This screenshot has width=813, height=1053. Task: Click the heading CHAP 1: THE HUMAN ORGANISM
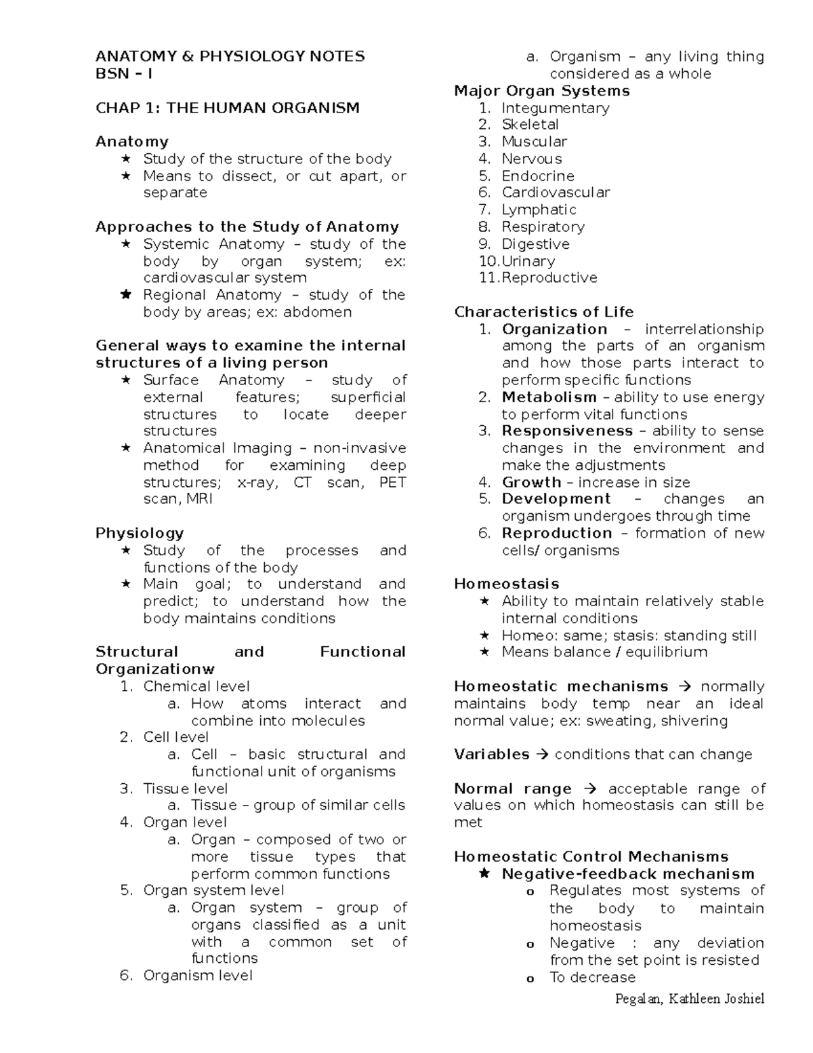(227, 108)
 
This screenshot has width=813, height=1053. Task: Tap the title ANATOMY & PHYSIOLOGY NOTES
(230, 56)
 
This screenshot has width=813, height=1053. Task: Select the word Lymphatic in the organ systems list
(539, 210)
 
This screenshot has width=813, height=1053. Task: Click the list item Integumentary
(555, 108)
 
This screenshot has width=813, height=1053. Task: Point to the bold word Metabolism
(549, 397)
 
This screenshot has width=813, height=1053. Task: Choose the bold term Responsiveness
(567, 431)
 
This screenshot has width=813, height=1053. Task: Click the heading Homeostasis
(506, 584)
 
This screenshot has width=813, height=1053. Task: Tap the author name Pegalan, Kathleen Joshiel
(689, 999)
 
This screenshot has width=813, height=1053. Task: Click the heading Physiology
(140, 533)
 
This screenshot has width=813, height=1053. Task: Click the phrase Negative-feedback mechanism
(627, 874)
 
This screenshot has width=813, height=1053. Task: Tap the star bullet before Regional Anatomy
(125, 295)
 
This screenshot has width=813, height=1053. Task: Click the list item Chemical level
(196, 686)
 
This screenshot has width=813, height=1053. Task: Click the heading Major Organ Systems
(542, 91)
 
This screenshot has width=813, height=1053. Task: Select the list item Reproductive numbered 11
(549, 278)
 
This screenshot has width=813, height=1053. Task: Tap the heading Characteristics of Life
(543, 312)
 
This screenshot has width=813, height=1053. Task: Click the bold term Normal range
(512, 789)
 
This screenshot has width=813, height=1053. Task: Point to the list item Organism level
(197, 976)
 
